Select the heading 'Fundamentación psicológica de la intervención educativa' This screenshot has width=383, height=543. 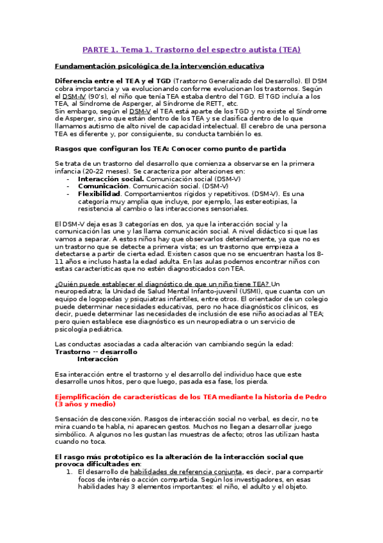tap(159, 66)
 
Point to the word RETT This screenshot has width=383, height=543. tap(212, 104)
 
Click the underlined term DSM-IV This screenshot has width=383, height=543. tap(74, 96)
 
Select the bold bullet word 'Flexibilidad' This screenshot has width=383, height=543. tap(99, 193)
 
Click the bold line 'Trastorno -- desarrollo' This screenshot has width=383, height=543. tap(96, 352)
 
